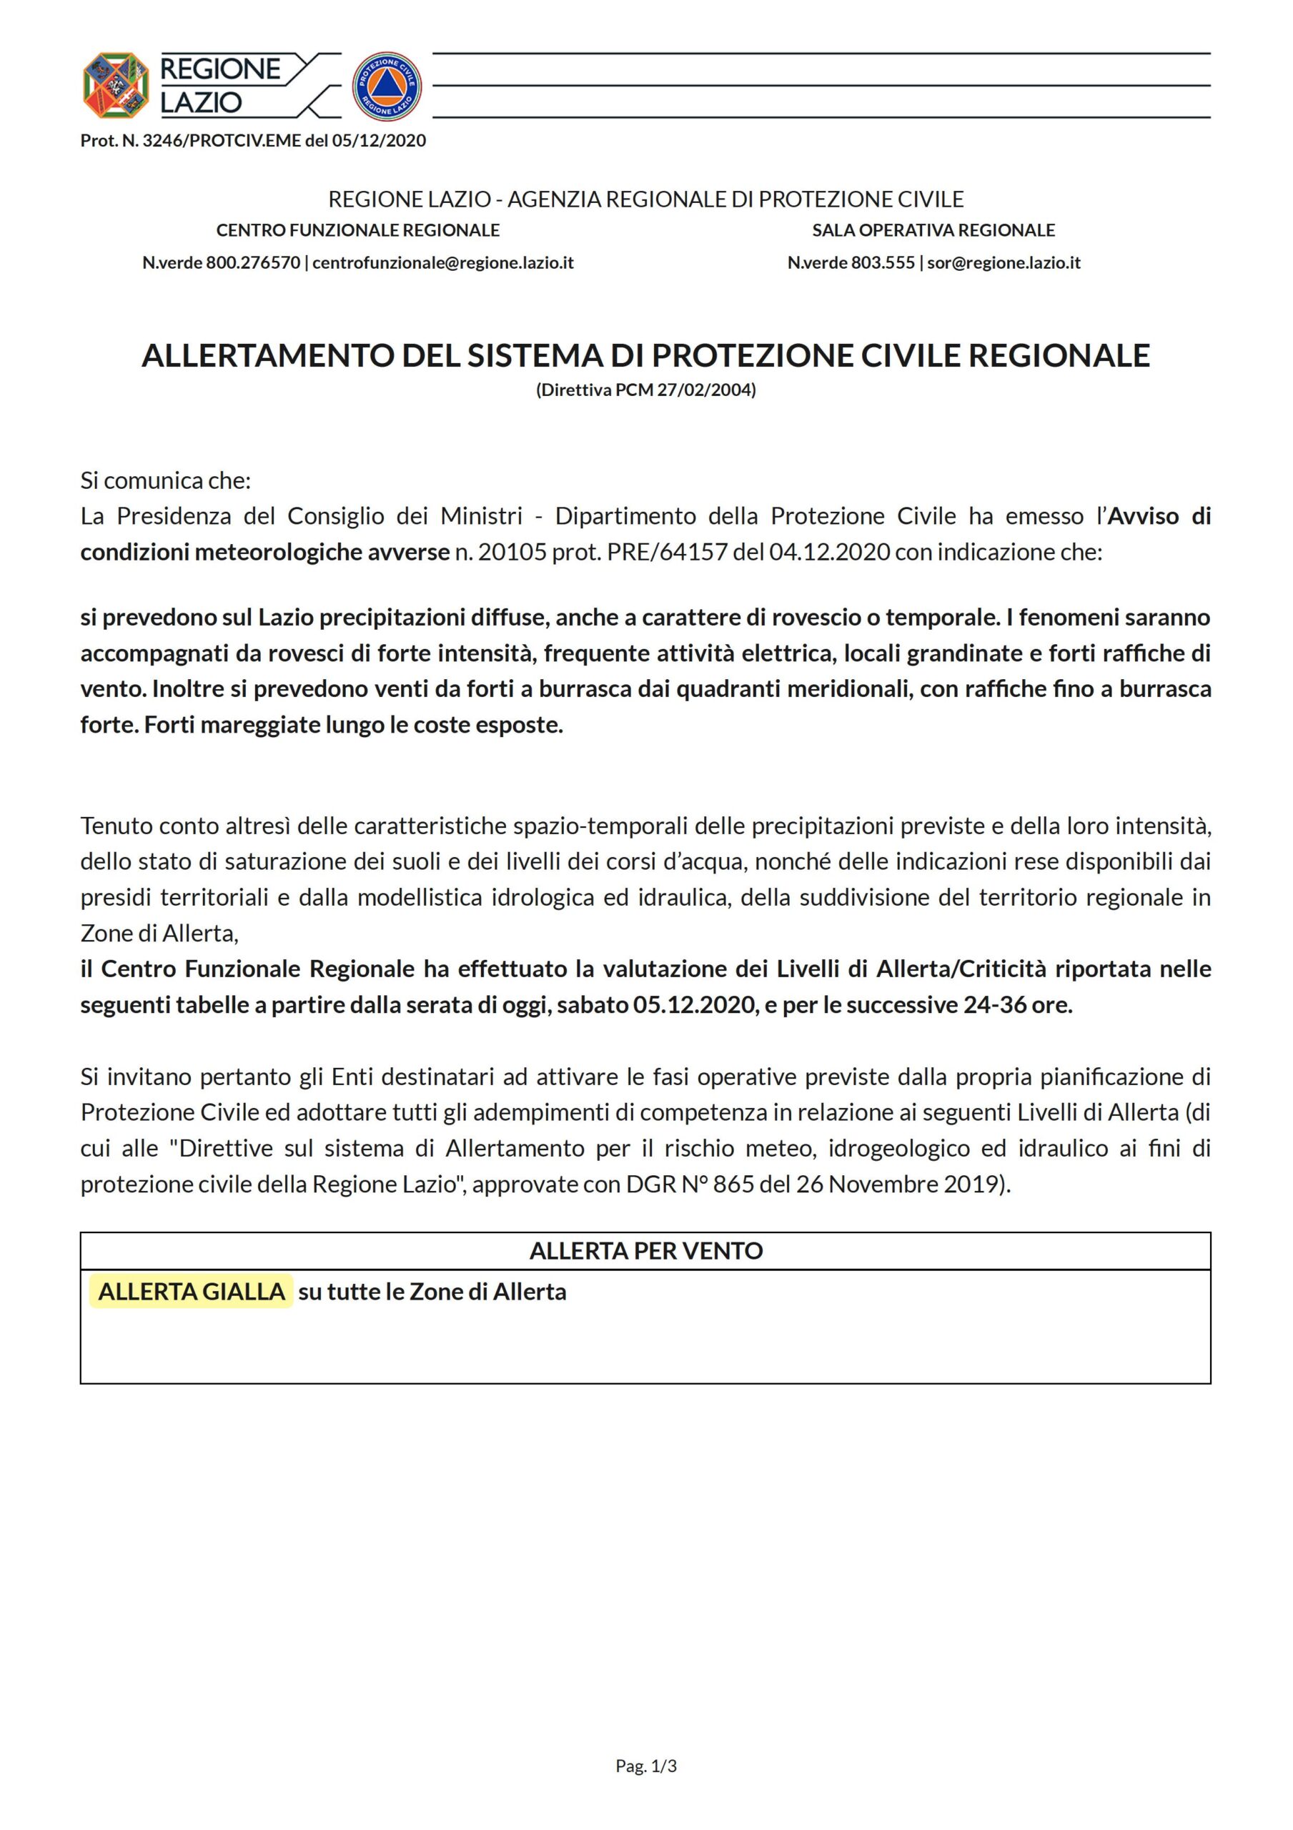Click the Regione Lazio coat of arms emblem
coord(116,85)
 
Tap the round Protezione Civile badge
coord(387,87)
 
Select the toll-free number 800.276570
coord(253,263)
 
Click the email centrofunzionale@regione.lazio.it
coord(443,263)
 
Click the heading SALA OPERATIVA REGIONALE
coord(933,230)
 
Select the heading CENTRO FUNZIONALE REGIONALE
coord(358,230)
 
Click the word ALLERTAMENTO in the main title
coord(268,355)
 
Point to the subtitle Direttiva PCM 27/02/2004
coord(645,390)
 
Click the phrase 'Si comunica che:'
coord(165,480)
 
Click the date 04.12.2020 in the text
coord(829,553)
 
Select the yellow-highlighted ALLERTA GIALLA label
coord(192,1292)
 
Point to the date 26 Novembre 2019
coord(898,1184)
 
